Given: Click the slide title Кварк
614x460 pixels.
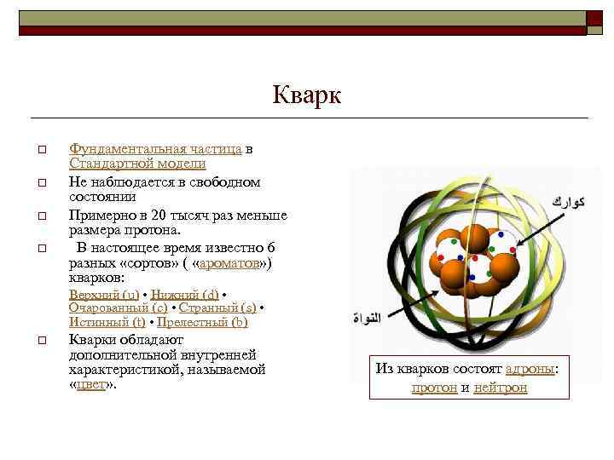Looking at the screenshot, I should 306,95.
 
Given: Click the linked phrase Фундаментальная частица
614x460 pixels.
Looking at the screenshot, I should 155,148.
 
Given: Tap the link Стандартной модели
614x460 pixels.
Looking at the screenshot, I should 136,163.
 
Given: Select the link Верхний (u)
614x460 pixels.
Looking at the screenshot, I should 104,294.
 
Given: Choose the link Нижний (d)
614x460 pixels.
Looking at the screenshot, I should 184,294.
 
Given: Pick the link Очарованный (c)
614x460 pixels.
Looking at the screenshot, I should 118,308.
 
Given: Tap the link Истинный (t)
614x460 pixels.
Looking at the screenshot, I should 107,322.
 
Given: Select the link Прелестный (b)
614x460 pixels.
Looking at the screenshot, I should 202,322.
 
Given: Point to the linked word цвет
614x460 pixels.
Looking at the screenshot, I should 90,384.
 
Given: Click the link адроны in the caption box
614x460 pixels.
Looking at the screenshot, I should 530,369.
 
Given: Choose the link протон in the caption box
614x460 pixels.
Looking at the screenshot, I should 434,388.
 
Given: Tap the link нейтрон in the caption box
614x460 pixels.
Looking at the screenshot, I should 501,388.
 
